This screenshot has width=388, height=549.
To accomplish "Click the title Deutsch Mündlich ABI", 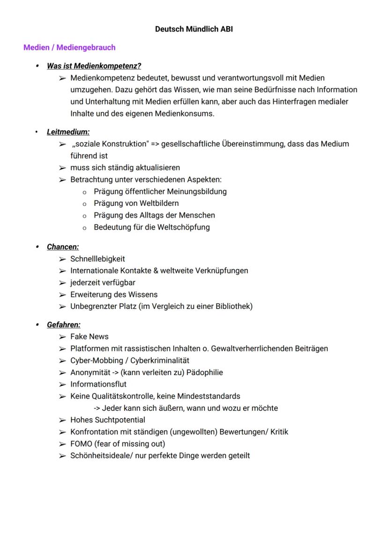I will point(194,29).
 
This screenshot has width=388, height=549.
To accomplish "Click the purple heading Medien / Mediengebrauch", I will point(69,47).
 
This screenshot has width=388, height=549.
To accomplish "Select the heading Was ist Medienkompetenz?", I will point(94,66).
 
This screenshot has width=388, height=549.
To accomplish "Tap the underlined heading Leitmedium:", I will point(68,132).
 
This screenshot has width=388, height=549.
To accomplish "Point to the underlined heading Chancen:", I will point(63,247).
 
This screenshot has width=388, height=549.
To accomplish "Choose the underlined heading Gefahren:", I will point(64,324).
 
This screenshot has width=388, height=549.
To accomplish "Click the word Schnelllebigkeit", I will point(97,259).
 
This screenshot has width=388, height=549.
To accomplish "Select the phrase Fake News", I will point(89,337).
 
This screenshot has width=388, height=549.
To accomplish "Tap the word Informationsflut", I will point(98,384).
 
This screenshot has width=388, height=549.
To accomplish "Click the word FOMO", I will point(81,444).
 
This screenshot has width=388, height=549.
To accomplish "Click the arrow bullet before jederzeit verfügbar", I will point(62,283).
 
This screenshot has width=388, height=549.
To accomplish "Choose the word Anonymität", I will point(91,372).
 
